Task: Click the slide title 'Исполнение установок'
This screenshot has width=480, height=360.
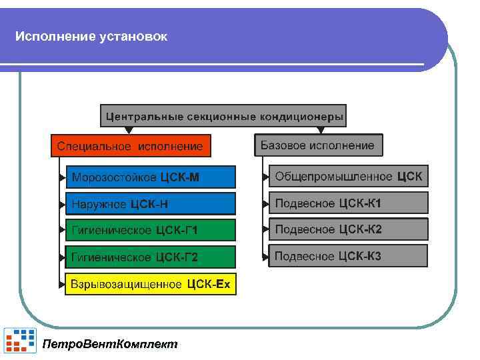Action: click(x=91, y=36)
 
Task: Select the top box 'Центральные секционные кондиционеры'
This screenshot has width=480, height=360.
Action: click(x=224, y=117)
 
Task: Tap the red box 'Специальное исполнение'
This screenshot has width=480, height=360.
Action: click(x=130, y=145)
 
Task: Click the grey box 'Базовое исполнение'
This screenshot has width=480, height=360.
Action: click(x=317, y=145)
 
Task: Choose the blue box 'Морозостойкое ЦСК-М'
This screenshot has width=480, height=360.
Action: click(x=150, y=177)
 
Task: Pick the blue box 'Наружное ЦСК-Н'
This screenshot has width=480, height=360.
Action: click(x=150, y=203)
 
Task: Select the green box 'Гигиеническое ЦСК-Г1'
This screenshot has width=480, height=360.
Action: click(x=150, y=230)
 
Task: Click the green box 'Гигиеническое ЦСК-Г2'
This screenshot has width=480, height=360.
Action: click(x=150, y=257)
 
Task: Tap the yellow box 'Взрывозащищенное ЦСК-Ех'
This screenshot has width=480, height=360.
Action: click(x=150, y=285)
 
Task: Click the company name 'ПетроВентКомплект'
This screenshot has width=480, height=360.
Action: click(x=110, y=344)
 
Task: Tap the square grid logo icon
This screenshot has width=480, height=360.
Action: click(x=20, y=340)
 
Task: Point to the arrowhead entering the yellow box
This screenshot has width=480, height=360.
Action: click(x=63, y=285)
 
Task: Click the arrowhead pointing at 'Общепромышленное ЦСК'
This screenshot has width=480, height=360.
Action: click(x=265, y=177)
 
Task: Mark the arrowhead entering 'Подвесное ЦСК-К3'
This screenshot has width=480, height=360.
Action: click(x=265, y=256)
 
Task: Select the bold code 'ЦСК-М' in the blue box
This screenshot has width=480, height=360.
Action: click(x=179, y=177)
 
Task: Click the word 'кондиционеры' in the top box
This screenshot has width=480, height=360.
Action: click(x=301, y=117)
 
